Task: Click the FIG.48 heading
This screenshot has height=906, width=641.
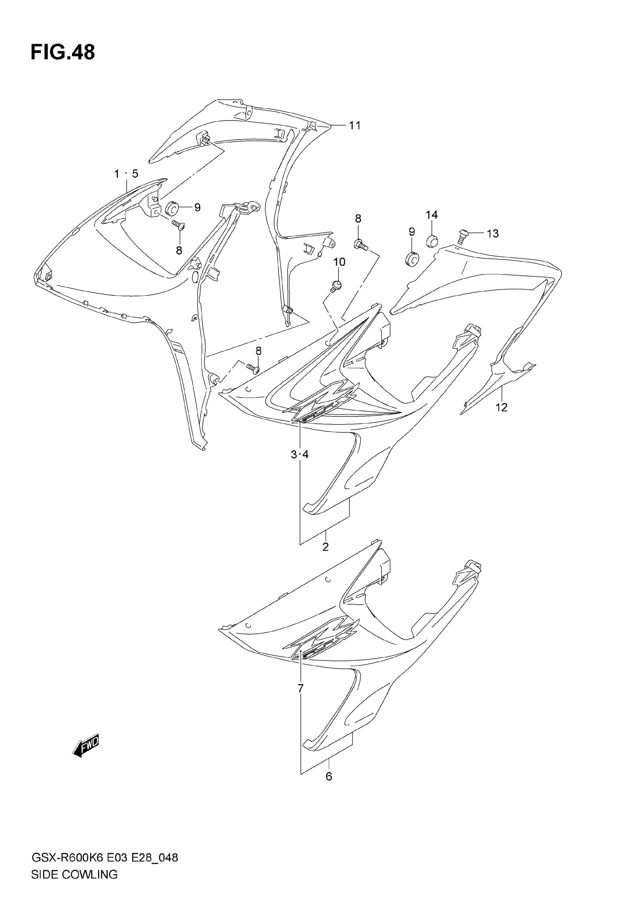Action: [63, 52]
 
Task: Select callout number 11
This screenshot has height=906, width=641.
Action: [355, 125]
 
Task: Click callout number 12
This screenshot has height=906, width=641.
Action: [501, 407]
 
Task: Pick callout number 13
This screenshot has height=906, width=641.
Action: [492, 234]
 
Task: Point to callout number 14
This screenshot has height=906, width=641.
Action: [432, 215]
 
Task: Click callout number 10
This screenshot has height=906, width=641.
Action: [339, 262]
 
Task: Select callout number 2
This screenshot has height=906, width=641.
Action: [325, 547]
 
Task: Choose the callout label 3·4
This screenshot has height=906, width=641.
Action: [300, 455]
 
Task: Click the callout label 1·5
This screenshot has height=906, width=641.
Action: [126, 174]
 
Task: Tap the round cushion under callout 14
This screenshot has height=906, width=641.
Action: [433, 240]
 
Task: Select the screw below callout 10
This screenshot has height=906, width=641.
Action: [336, 286]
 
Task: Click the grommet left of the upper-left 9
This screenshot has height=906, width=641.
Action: [173, 208]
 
